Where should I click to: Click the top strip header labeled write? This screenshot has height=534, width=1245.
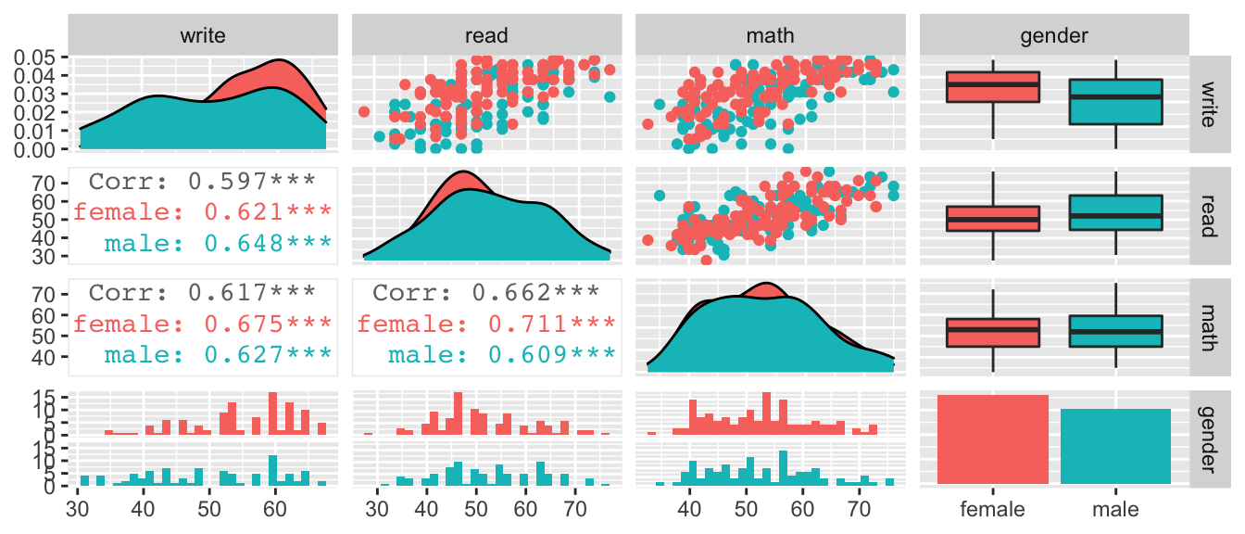(x=204, y=36)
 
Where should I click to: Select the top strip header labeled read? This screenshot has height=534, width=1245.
(x=487, y=36)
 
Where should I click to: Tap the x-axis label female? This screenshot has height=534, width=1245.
(x=993, y=509)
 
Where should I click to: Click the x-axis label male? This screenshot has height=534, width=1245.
(x=1115, y=509)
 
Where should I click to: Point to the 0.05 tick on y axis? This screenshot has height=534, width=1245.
(x=38, y=58)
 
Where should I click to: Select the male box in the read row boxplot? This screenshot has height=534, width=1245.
(x=1115, y=212)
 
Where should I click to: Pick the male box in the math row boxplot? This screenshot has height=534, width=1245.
(x=1115, y=331)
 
